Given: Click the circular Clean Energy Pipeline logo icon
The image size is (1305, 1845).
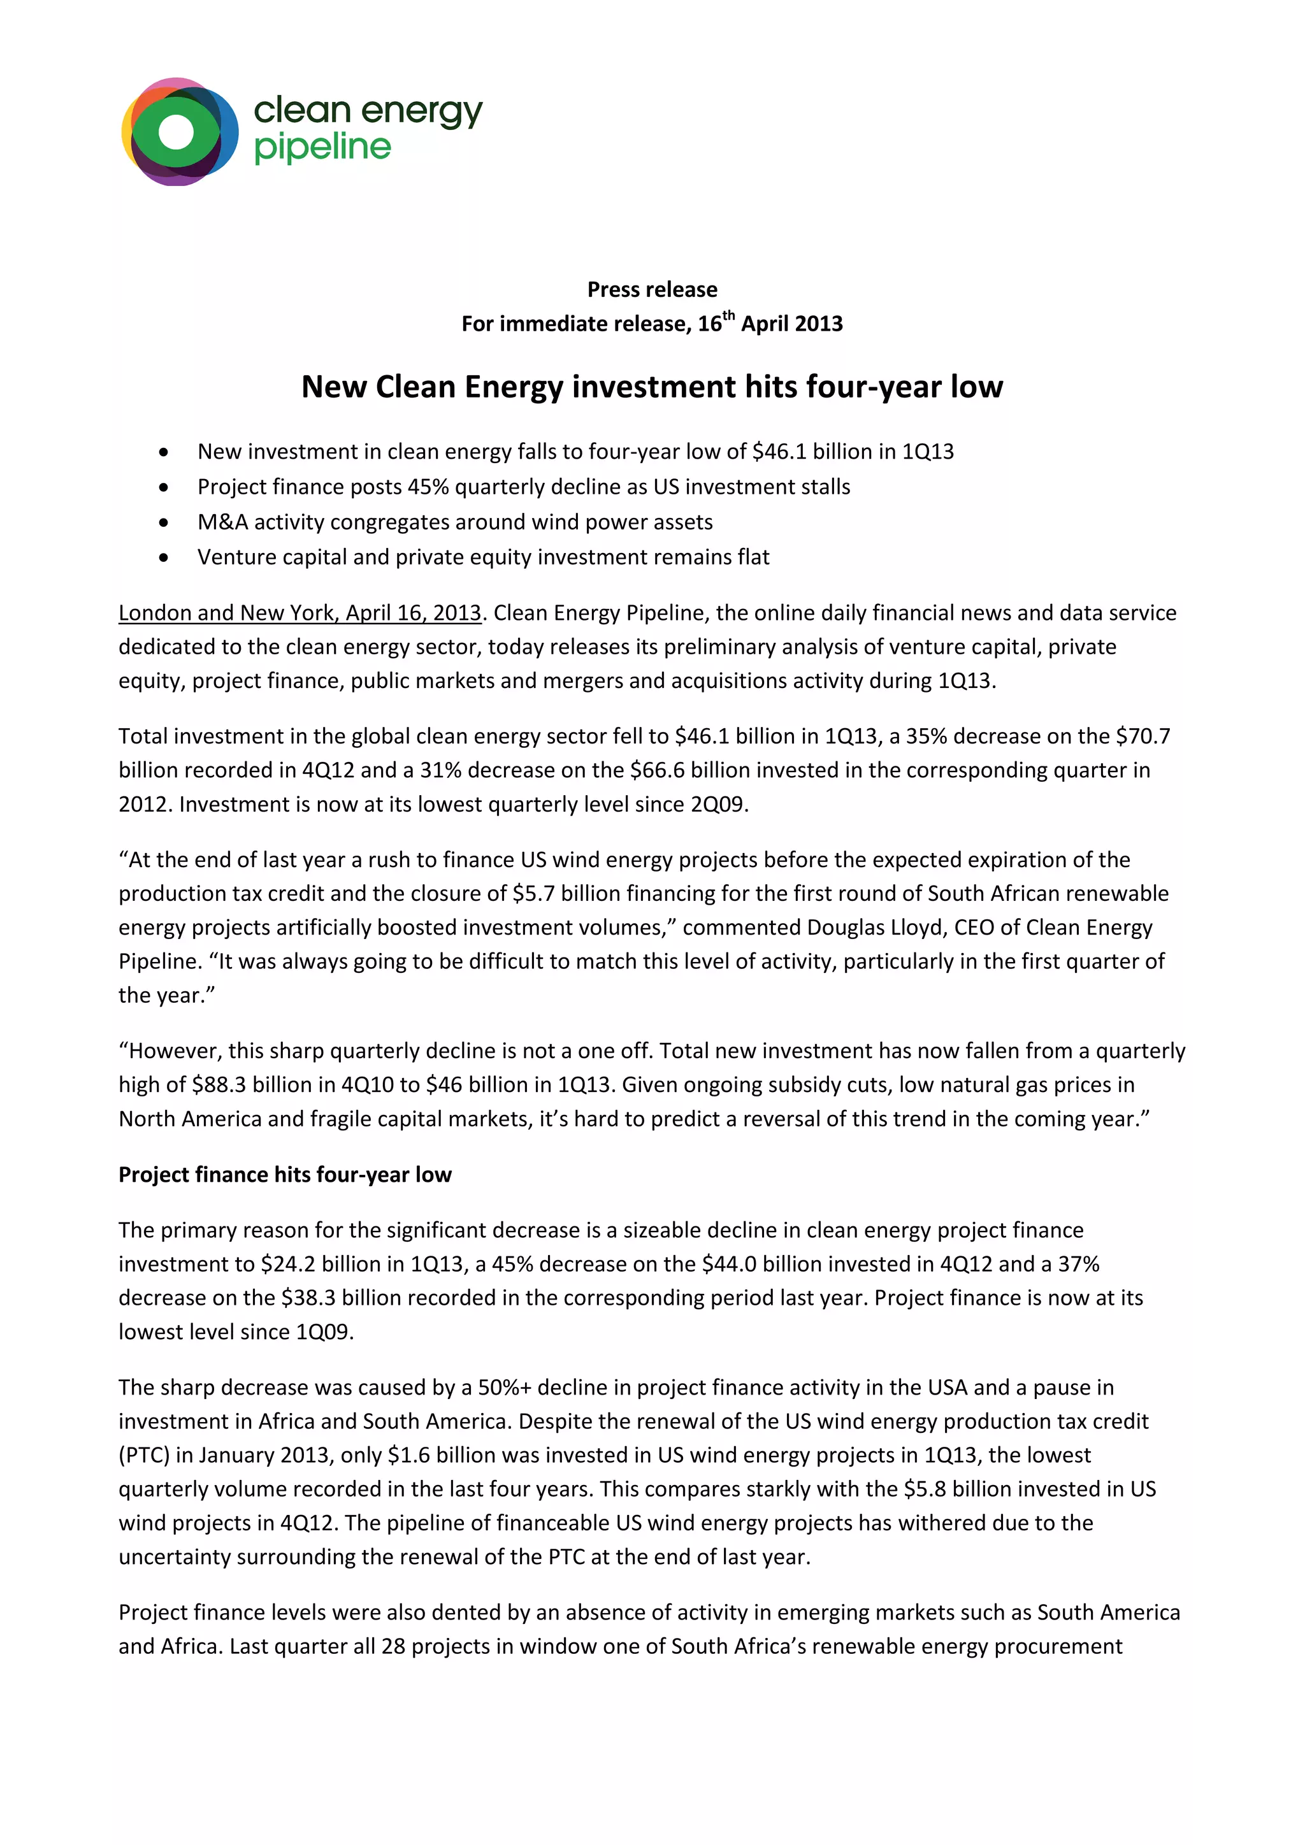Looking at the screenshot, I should pos(179,132).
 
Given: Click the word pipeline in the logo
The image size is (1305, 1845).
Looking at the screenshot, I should pos(322,148).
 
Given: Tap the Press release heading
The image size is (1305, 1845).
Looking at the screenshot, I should pos(652,289).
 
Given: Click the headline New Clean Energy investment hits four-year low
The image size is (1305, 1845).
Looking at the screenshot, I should pos(652,387).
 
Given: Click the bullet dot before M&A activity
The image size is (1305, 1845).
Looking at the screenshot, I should pos(164,522).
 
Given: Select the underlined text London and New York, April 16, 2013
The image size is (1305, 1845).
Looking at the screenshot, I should pos(299,613).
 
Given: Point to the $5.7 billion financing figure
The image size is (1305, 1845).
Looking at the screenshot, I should pos(533,894).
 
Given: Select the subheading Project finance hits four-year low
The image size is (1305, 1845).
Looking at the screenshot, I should pos(285,1175).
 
